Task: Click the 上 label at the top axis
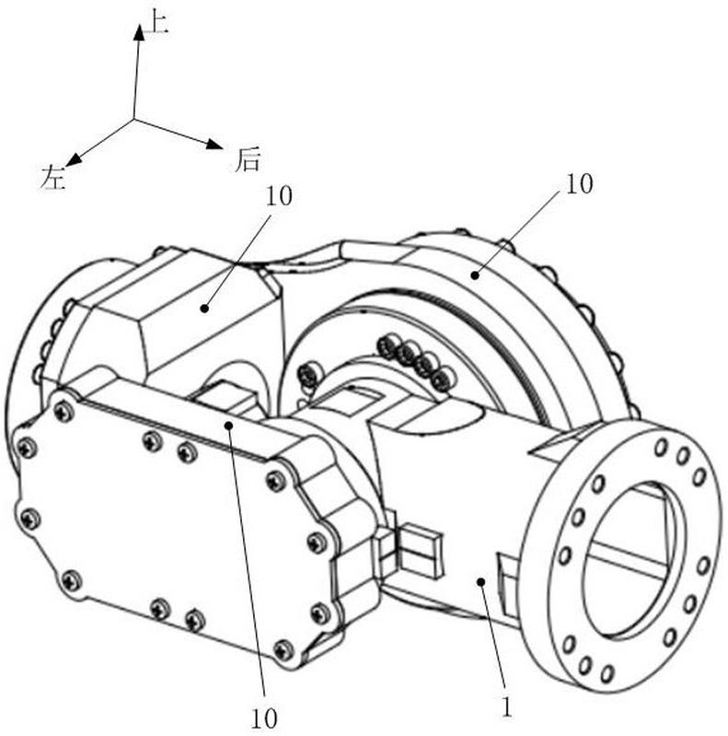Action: (157, 23)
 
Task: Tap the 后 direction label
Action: (248, 159)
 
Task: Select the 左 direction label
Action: (53, 178)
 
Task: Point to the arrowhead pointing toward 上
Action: (139, 33)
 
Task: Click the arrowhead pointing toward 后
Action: (214, 144)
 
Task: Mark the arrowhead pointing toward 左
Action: (74, 159)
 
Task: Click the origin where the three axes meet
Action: (134, 119)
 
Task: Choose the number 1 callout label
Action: (506, 707)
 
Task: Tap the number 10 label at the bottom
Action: (264, 718)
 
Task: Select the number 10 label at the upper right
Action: (580, 183)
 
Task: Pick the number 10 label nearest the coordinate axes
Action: (279, 196)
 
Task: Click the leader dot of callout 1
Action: (480, 582)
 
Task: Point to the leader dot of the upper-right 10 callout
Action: (475, 275)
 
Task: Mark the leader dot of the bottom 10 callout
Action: (229, 426)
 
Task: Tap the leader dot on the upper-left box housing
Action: (204, 309)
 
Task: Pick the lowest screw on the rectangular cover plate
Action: (283, 650)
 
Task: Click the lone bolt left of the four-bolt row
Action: (309, 375)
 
